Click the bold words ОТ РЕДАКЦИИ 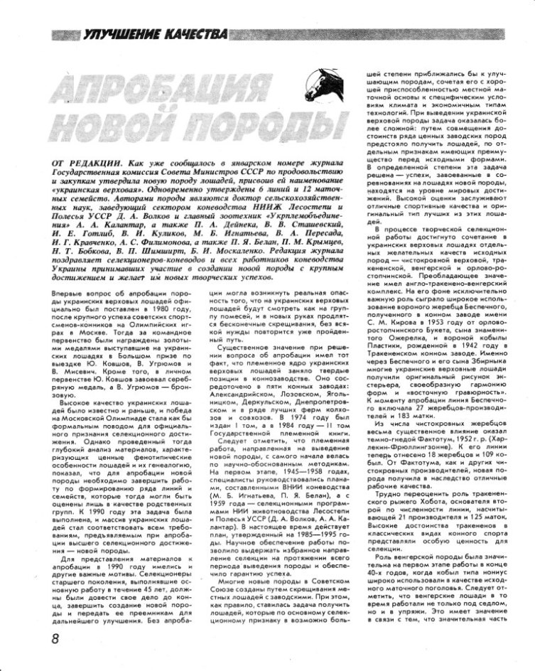point(85,163)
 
